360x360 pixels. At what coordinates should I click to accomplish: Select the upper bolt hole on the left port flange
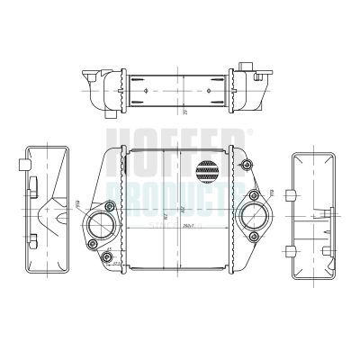(x=109, y=204)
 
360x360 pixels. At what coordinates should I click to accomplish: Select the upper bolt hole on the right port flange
(x=256, y=195)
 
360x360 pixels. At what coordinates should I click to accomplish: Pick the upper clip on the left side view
(x=32, y=186)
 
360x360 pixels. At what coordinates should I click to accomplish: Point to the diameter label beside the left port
(x=77, y=204)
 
